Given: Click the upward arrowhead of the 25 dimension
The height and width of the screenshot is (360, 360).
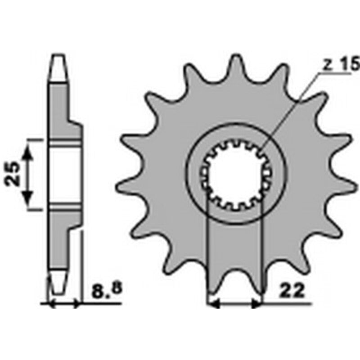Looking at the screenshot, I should point(28,153).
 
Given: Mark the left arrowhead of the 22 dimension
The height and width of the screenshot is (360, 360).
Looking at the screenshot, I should point(213,305).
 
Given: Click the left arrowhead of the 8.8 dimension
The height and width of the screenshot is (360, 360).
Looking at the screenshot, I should point(50,305).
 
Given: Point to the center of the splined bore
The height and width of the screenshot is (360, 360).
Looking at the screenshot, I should point(234,177).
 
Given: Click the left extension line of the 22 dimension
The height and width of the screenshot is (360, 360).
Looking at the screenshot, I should point(207,252).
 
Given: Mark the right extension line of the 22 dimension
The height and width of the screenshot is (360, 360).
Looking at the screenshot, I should point(262,252).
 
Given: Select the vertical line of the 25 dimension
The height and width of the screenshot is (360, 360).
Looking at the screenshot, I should point(28,175).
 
